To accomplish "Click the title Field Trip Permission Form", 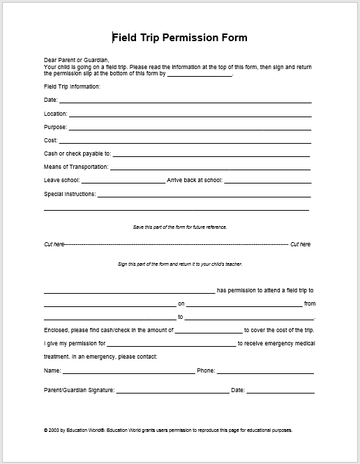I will [x=179, y=38].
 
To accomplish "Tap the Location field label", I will [x=55, y=114].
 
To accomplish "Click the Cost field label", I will [x=50, y=140].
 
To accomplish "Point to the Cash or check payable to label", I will [x=77, y=154].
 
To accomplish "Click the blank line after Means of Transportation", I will [x=210, y=169].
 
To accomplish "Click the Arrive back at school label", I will [x=195, y=180].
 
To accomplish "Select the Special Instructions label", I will [x=70, y=194].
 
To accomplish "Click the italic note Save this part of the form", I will [x=179, y=227].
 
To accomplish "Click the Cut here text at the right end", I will [x=300, y=244].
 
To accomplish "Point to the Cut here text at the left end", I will [x=54, y=244].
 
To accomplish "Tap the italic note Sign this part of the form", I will [x=179, y=265].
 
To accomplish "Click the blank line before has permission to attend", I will [x=129, y=292].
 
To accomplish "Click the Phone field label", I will [x=206, y=371].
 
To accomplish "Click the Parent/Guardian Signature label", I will [x=79, y=390].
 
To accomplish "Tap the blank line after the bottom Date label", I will [x=280, y=392].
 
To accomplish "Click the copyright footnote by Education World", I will [x=167, y=431].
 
